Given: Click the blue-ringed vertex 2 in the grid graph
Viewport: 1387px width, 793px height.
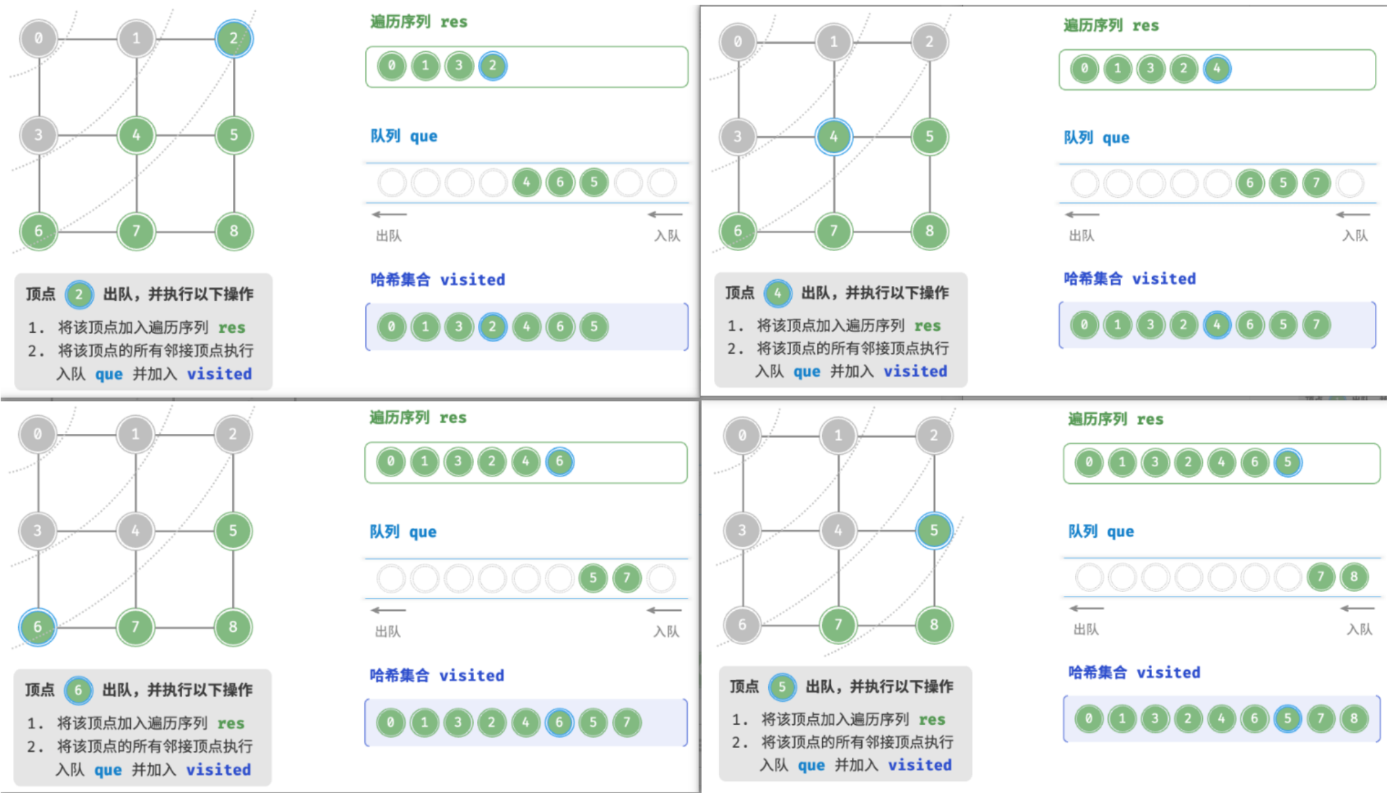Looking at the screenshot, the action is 234,38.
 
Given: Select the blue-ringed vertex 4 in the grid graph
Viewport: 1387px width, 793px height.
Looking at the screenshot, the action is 834,136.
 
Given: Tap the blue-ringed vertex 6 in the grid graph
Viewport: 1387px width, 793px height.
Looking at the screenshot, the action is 38,626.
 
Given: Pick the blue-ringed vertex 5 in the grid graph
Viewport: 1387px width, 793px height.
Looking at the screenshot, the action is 934,530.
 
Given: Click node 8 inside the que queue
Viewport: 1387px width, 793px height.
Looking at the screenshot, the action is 1354,577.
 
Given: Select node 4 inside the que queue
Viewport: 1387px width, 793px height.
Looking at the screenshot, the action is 526,182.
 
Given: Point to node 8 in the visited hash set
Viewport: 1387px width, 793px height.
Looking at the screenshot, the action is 1354,719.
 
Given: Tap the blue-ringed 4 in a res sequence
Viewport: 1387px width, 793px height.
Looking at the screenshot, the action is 1217,68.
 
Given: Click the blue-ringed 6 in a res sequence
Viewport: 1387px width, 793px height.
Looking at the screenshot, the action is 560,462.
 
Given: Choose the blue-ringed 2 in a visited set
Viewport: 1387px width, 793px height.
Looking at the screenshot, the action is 493,327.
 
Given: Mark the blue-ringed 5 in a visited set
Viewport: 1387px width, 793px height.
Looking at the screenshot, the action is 1288,719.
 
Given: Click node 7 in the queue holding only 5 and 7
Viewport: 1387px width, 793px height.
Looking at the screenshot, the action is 627,578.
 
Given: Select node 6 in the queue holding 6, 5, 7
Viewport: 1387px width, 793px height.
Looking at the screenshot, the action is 1250,183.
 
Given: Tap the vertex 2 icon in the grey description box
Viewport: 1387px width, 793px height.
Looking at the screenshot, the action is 79,294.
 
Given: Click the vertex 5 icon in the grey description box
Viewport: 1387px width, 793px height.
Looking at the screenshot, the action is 782,687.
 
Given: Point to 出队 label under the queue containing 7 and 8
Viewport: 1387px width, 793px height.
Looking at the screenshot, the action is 1086,629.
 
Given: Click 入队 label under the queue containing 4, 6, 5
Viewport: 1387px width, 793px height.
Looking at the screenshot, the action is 667,236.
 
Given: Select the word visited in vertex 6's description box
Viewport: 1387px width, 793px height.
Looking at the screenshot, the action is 219,769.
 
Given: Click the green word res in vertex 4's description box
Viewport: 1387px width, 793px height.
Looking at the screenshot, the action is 927,326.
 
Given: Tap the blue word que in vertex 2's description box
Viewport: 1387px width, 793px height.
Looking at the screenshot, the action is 109,375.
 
